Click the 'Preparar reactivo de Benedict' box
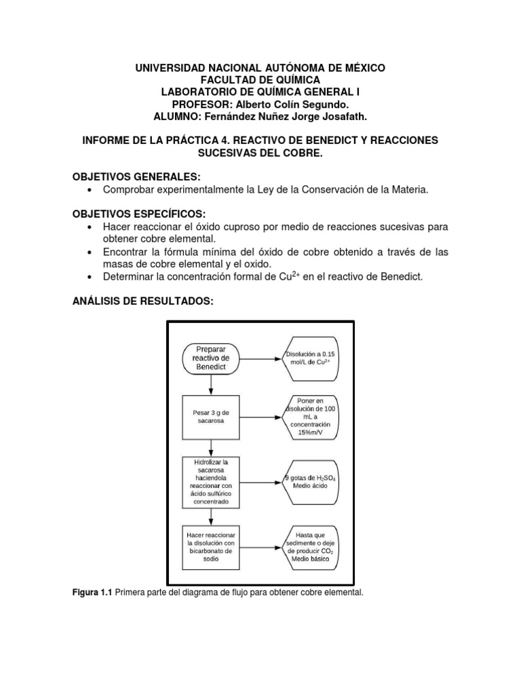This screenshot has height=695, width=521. tap(212, 357)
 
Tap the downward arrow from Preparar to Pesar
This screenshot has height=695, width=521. tap(212, 383)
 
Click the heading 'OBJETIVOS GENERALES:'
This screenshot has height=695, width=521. tap(136, 177)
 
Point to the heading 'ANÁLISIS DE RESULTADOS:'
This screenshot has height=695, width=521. tap(143, 301)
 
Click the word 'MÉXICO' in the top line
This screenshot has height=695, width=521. tap(361, 68)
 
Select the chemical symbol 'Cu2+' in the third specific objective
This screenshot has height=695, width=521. tap(290, 276)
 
